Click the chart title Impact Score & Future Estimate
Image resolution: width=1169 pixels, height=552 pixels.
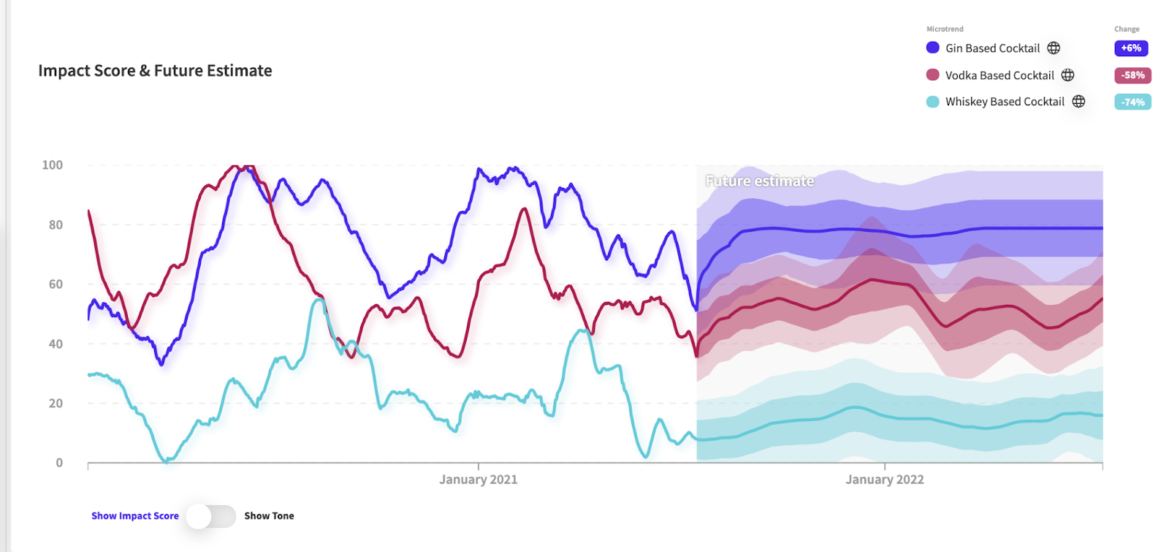[x=155, y=71]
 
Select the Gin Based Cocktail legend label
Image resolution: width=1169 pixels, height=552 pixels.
[x=992, y=48]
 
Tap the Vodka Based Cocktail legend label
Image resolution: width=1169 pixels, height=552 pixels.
[x=999, y=75]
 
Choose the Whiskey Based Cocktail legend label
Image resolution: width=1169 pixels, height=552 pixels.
[x=1005, y=102]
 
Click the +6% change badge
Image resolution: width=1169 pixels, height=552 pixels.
[x=1131, y=48]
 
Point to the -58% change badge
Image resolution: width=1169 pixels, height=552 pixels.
[x=1132, y=75]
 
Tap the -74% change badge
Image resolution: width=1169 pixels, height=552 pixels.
[x=1132, y=102]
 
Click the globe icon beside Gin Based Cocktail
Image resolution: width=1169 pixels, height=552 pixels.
[x=1054, y=48]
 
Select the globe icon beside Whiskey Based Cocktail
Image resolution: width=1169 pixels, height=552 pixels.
[x=1078, y=102]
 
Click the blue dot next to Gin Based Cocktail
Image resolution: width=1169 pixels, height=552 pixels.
[x=932, y=48]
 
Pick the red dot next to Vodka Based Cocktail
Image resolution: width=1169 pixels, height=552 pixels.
[x=932, y=75]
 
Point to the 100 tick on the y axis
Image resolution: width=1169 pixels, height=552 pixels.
[x=53, y=165]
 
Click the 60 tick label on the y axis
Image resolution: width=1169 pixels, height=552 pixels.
[x=56, y=284]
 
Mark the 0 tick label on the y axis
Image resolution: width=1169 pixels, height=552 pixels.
[x=59, y=463]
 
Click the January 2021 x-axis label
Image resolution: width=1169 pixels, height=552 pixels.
[x=478, y=480]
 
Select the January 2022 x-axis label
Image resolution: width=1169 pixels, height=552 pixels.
[x=884, y=480]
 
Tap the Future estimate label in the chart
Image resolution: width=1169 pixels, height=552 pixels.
[x=759, y=181]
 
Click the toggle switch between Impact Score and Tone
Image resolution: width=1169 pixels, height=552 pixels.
[x=210, y=516]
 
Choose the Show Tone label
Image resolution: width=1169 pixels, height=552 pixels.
[x=269, y=516]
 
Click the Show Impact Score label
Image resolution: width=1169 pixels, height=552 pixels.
[x=134, y=516]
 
